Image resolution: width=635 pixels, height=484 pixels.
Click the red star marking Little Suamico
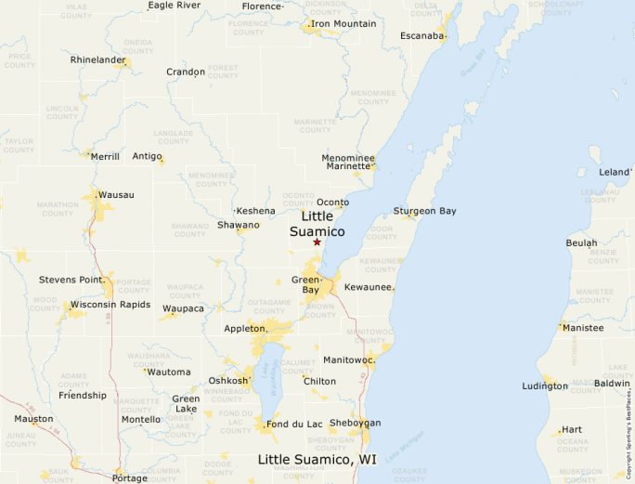pos(317,242)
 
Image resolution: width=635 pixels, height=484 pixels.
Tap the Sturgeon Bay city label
pos(425,211)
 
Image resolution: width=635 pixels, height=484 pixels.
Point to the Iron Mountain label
pos(343,23)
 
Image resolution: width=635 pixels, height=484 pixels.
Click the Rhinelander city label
pos(97,60)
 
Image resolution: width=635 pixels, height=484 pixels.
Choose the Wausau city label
pos(116,194)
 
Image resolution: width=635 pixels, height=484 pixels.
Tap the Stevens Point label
pos(70,280)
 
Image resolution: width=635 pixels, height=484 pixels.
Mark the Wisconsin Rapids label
pos(110,304)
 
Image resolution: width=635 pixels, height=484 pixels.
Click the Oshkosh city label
pos(228,380)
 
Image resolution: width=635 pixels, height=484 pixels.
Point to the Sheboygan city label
pos(355,423)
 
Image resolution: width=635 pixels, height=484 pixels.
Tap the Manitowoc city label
pos(348,360)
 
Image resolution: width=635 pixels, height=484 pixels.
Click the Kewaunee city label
pos(369,288)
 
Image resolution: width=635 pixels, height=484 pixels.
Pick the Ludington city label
pos(545,386)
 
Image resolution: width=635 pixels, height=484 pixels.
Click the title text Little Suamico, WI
pos(317,460)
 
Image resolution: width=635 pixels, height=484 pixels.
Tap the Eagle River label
pos(174,5)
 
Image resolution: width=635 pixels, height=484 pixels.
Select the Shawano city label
pos(239,225)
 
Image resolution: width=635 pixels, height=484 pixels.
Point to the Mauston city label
pos(33,419)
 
